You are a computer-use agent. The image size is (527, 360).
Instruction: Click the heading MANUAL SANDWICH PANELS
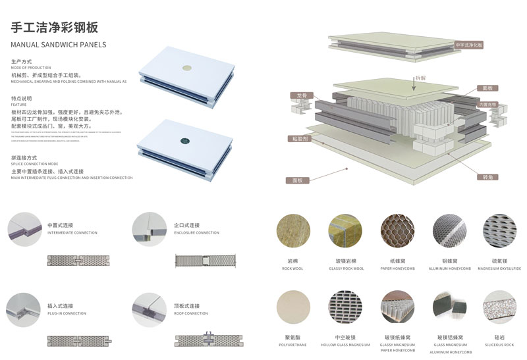coord(59,45)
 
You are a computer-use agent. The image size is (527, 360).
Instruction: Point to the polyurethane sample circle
coord(293,307)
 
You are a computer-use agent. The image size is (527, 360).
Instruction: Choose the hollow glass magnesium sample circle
coord(345,307)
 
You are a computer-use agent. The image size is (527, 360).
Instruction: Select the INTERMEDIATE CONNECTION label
coord(72,233)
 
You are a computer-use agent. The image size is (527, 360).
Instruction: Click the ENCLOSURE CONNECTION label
coord(196,233)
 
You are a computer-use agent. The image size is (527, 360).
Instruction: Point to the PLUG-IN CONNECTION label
coord(67,313)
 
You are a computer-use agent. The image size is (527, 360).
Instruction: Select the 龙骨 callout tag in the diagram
coord(301,96)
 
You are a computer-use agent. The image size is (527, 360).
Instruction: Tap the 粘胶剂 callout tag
coord(300,139)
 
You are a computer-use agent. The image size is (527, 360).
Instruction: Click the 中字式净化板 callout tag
coord(469,45)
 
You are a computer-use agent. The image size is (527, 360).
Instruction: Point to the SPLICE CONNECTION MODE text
coord(35,164)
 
